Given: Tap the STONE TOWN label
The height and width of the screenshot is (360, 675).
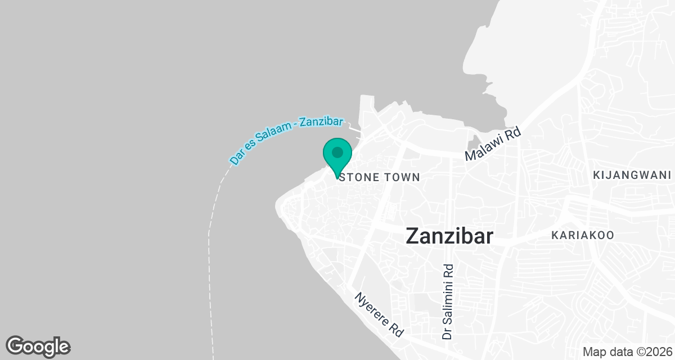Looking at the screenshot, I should coord(380,177).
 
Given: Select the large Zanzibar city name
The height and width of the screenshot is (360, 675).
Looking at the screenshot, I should coord(449,236).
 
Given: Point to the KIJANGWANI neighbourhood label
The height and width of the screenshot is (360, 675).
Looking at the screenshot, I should coord(632,175).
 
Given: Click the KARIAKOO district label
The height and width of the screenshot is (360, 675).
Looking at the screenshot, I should coord(583,235).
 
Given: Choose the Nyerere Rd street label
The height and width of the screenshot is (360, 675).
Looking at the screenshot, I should coord(379,314).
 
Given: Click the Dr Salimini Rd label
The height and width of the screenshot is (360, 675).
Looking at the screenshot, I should coord(448,302).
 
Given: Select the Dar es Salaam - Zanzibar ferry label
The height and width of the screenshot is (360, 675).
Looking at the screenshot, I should coord(286,141).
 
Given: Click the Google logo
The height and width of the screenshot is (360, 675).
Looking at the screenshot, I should coord(38,346).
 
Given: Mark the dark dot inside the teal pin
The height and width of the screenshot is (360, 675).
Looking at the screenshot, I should coord(337,152).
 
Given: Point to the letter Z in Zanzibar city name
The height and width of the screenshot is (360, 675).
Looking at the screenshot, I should coord(413,236).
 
